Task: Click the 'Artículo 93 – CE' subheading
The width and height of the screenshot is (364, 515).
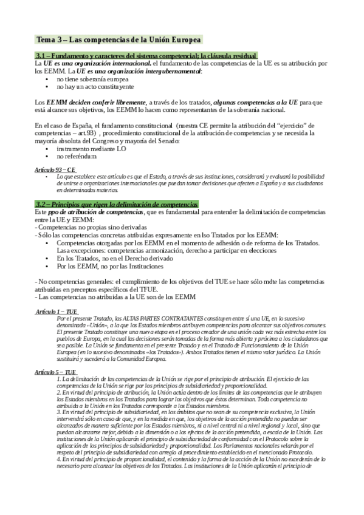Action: click(55, 170)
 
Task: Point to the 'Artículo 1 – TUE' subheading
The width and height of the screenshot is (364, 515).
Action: click(57, 311)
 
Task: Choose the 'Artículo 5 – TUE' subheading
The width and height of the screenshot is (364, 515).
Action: click(55, 371)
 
